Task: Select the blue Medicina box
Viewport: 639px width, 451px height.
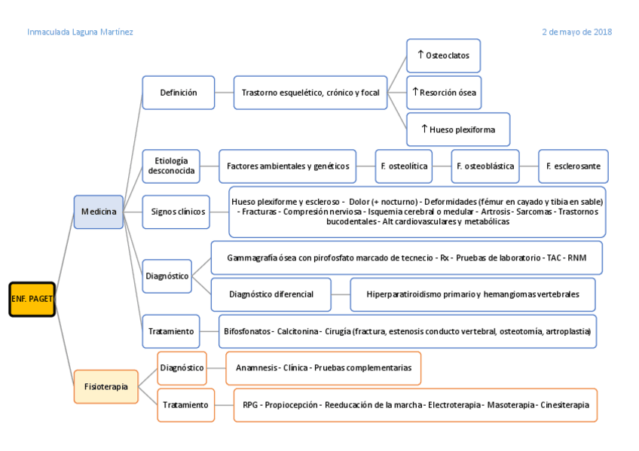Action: pyautogui.click(x=98, y=212)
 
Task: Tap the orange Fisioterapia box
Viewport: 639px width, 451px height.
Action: pyautogui.click(x=105, y=387)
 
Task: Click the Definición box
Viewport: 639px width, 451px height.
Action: pyautogui.click(x=179, y=93)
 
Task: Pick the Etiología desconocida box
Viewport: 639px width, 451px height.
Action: pyautogui.click(x=171, y=166)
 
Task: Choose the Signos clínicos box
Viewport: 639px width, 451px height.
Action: pyautogui.click(x=178, y=212)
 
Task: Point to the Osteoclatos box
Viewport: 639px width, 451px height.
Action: pyautogui.click(x=443, y=56)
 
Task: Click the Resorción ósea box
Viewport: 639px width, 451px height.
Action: pyautogui.click(x=443, y=93)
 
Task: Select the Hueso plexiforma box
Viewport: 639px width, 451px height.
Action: pyautogui.click(x=457, y=130)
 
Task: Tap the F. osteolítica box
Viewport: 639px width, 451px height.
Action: pyautogui.click(x=404, y=166)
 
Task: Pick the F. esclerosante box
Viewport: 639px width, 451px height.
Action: pyautogui.click(x=573, y=166)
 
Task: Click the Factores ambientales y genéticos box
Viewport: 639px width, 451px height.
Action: pyautogui.click(x=288, y=166)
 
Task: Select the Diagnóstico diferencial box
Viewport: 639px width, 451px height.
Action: pyautogui.click(x=271, y=294)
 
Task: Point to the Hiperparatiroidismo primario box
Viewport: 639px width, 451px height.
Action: pyautogui.click(x=472, y=294)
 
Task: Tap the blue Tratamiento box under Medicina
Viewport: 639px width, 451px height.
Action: pyautogui.click(x=171, y=331)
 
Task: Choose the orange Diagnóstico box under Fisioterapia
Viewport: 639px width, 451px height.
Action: pyautogui.click(x=182, y=367)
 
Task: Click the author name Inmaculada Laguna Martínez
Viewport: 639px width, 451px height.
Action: pyautogui.click(x=81, y=32)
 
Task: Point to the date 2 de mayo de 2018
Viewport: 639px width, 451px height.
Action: pyautogui.click(x=576, y=32)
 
